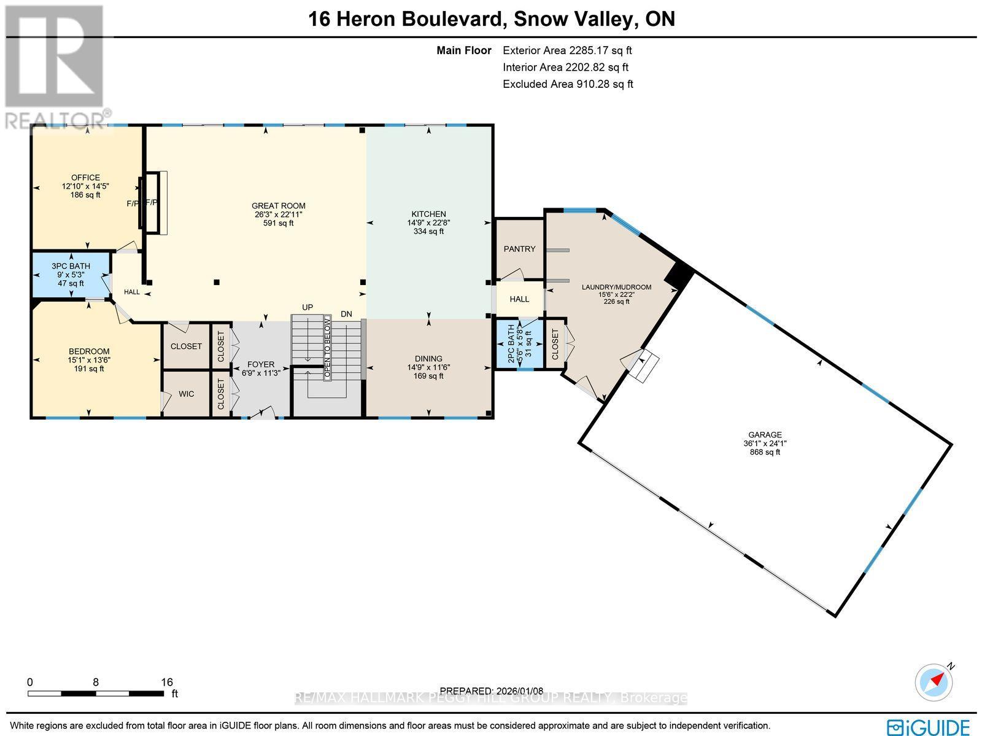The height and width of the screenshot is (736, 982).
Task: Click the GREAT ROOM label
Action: point(278,206)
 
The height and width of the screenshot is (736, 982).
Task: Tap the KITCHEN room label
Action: point(428,214)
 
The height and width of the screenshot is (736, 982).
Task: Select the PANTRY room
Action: point(519,249)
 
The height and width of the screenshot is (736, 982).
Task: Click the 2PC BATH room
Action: point(519,345)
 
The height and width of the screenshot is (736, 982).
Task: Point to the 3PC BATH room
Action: point(71,275)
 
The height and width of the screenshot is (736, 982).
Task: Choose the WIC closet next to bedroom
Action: point(186,394)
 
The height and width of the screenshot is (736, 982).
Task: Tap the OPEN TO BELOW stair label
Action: point(328,348)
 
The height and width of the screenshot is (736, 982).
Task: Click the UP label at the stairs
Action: point(307,307)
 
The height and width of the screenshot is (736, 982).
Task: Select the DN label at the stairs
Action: point(346,314)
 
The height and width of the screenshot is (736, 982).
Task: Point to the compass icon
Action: point(934,683)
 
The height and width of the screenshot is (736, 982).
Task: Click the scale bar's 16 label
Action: point(166,682)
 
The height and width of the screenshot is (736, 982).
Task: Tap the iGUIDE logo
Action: point(930,727)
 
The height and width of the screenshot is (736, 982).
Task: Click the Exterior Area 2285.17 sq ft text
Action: point(567,51)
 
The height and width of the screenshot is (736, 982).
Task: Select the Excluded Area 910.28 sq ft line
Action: point(568,84)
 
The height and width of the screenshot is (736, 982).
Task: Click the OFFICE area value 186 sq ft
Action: point(85,195)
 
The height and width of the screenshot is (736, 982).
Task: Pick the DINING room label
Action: point(428,359)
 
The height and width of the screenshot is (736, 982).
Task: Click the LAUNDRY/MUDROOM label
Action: point(616,287)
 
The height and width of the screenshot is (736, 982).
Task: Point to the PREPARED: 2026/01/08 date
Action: point(492,691)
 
